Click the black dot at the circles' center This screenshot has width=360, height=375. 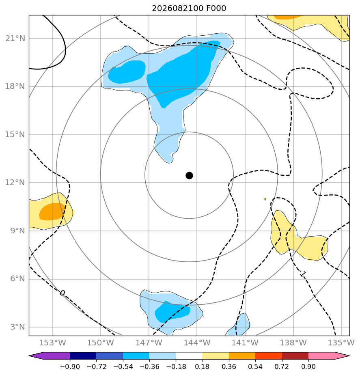click(x=189, y=176)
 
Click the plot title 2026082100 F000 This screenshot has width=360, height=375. click(x=189, y=9)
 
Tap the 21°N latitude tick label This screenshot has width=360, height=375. click(x=15, y=38)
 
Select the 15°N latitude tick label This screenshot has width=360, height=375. click(x=15, y=134)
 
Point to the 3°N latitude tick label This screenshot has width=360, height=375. click(x=17, y=327)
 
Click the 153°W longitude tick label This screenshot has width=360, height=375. click(x=52, y=343)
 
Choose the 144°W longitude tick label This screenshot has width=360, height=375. click(x=197, y=343)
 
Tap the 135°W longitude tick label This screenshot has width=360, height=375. click(x=341, y=343)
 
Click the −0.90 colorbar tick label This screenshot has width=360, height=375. click(x=70, y=366)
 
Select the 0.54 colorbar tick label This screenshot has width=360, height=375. click(x=255, y=366)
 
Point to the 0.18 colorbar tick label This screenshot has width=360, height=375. click(x=203, y=366)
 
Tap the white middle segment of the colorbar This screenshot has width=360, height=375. click(x=189, y=356)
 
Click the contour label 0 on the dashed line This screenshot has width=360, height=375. click(x=62, y=293)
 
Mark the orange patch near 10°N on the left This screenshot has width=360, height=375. click(x=52, y=211)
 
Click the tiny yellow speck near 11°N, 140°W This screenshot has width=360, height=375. click(x=265, y=199)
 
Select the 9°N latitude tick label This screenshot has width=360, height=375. click(x=17, y=231)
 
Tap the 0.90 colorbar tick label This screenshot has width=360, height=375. click(x=308, y=366)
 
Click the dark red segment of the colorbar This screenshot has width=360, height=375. click(x=295, y=356)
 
